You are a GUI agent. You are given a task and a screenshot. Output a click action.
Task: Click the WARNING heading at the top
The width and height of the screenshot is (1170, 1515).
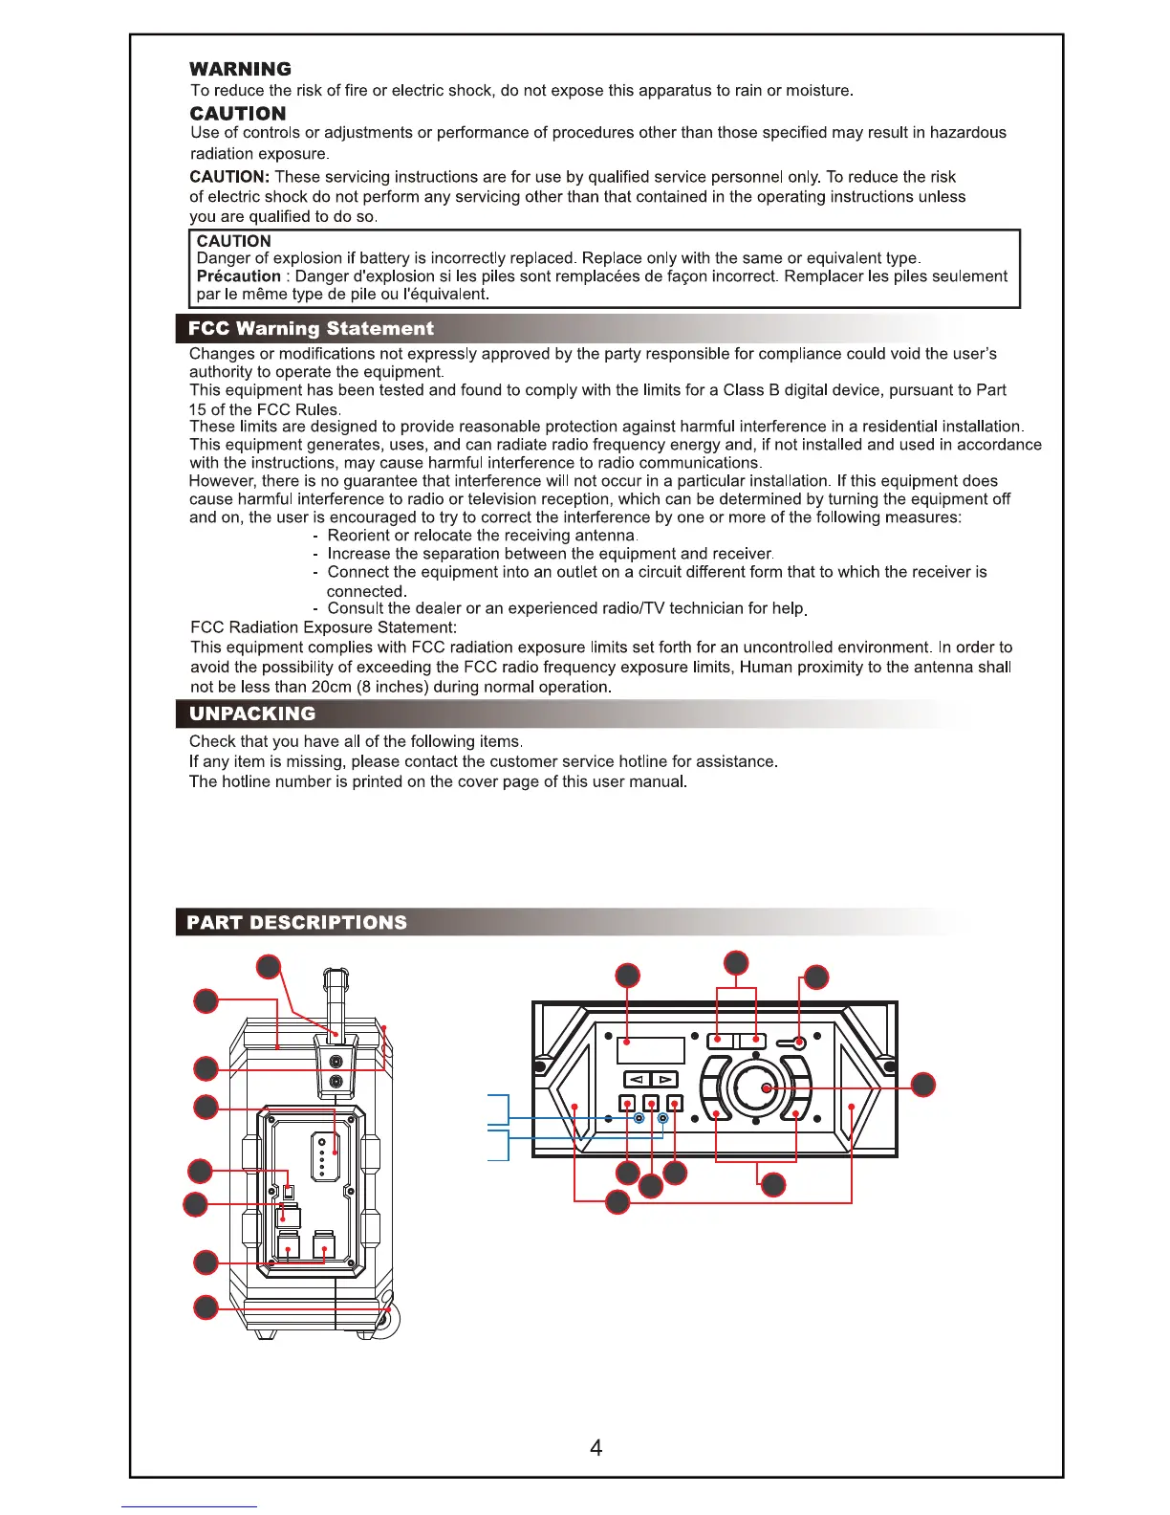coord(240,69)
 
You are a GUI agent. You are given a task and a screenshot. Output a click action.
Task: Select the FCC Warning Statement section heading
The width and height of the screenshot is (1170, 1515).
coord(311,328)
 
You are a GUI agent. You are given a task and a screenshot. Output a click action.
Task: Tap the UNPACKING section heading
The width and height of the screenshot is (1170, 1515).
coord(252,714)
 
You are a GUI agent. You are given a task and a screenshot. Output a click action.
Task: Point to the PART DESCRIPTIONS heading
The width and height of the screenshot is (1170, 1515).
coord(297,922)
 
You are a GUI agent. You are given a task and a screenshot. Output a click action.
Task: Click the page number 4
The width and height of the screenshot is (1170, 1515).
coord(596,1448)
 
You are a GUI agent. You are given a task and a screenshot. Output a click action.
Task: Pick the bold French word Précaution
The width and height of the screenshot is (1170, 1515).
coord(238,276)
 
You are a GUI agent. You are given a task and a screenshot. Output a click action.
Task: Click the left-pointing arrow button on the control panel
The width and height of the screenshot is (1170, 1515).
coord(638,1080)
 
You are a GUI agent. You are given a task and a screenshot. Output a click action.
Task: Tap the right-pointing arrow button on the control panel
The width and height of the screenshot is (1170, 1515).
coord(664,1080)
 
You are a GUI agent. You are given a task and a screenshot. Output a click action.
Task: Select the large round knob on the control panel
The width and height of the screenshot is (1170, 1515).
coord(756,1087)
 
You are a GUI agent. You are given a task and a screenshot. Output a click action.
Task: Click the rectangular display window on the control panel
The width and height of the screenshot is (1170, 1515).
coord(651,1050)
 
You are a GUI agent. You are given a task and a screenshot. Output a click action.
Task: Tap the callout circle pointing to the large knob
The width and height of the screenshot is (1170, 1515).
coord(922,1085)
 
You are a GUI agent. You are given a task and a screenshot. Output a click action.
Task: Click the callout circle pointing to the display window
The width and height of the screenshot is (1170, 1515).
coord(627,975)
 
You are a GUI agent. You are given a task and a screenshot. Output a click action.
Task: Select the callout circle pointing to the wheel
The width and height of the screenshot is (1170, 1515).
coord(206,1306)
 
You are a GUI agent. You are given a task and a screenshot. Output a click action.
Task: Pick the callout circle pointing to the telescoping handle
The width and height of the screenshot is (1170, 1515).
coord(269,966)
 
